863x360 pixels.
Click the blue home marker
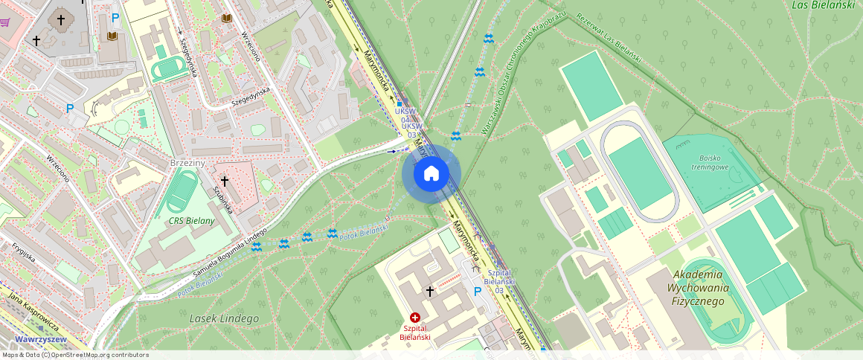pyautogui.click(x=431, y=174)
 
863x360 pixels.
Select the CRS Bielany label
pyautogui.click(x=190, y=221)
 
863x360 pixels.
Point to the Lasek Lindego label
pyautogui.click(x=224, y=318)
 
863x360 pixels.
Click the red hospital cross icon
pyautogui.click(x=415, y=318)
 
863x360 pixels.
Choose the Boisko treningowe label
pyautogui.click(x=713, y=162)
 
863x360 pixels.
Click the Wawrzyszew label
pyautogui.click(x=42, y=339)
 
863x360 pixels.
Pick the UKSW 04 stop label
pyautogui.click(x=405, y=115)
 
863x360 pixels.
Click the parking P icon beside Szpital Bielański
pyautogui.click(x=478, y=292)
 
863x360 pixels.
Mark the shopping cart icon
pyautogui.click(x=4, y=22)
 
